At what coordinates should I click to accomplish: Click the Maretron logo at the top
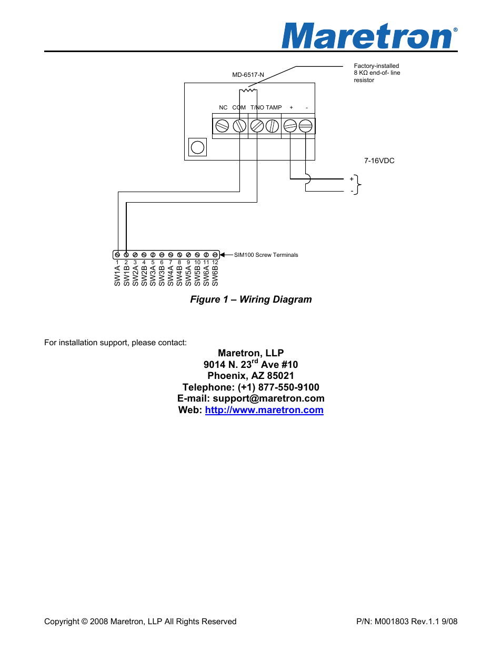click(x=368, y=36)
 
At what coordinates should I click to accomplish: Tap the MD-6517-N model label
click(x=248, y=75)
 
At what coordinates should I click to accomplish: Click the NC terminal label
click(x=223, y=107)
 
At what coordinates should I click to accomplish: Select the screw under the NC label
click(x=222, y=126)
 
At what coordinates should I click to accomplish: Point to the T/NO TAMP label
click(x=266, y=107)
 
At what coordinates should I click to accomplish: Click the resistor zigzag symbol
click(x=248, y=91)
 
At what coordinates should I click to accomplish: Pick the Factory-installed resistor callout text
click(x=377, y=73)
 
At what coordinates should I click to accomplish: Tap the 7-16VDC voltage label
click(x=379, y=161)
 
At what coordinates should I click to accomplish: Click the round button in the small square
click(x=197, y=147)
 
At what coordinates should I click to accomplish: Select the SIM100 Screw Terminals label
click(x=266, y=255)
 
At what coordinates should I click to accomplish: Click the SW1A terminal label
click(x=117, y=276)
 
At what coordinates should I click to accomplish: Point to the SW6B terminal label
click(x=215, y=276)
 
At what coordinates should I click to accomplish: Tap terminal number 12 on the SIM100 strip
click(x=215, y=262)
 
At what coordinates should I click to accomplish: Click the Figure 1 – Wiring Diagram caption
click(x=251, y=299)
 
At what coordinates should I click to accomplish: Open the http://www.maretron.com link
click(x=264, y=410)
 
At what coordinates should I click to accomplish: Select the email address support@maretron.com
click(x=268, y=398)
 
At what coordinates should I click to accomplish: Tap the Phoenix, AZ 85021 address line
click(x=251, y=376)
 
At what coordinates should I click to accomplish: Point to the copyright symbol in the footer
click(x=84, y=622)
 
